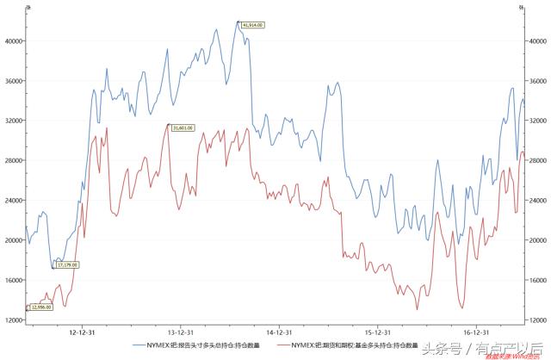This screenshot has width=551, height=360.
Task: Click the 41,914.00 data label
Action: (x=251, y=25)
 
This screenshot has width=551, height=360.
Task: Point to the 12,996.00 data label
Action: (x=41, y=307)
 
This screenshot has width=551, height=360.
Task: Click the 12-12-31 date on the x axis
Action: (x=82, y=330)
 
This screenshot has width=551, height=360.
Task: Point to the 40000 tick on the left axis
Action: (x=13, y=40)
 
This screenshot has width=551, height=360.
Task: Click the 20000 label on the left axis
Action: (x=13, y=240)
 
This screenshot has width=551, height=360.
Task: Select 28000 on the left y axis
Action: (x=13, y=160)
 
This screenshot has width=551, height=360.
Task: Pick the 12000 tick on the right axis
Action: (x=538, y=320)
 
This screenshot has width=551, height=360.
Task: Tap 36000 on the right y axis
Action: (x=538, y=81)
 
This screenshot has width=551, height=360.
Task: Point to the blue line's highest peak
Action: (x=238, y=22)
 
